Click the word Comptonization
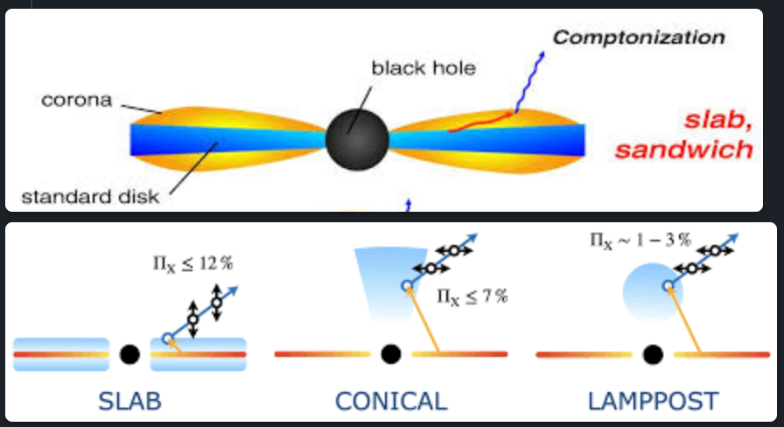[x=639, y=38]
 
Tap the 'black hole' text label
[x=423, y=68]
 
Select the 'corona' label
[x=77, y=100]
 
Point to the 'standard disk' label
[x=90, y=196]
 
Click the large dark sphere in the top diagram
[x=356, y=138]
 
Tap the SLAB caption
[x=130, y=402]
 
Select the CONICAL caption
[x=391, y=402]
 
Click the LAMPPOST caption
[x=653, y=402]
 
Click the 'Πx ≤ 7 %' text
[x=472, y=296]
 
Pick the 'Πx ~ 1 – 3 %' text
[x=640, y=239]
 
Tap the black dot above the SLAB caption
[x=129, y=354]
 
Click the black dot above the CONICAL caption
[x=391, y=354]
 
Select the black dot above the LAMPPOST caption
[x=652, y=354]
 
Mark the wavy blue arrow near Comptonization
[x=528, y=83]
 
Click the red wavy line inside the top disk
[x=479, y=122]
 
